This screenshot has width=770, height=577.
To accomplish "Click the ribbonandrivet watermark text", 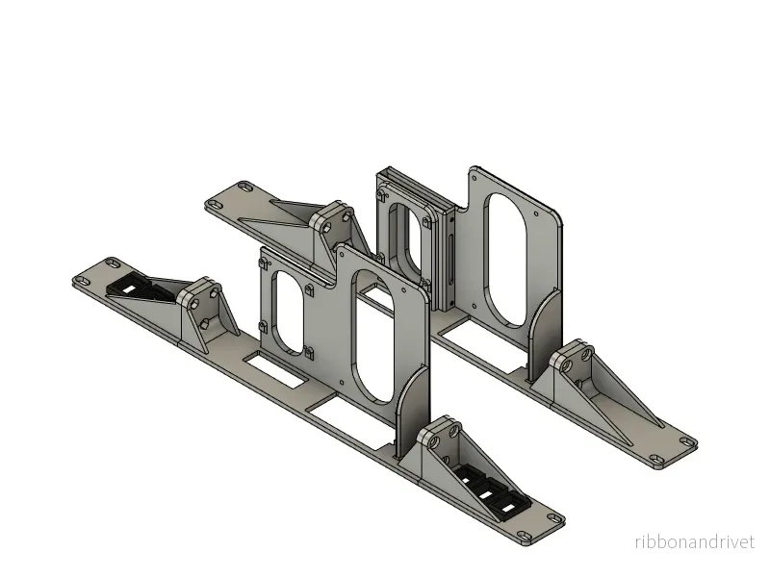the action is coord(694,542).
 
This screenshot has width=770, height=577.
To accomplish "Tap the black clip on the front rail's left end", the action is coord(140,289).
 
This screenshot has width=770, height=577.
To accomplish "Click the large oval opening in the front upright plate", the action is coord(374,335).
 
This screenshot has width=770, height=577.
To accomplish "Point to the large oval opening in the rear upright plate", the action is coord(506,261).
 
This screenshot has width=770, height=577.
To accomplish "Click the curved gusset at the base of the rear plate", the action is coord(544,333).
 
